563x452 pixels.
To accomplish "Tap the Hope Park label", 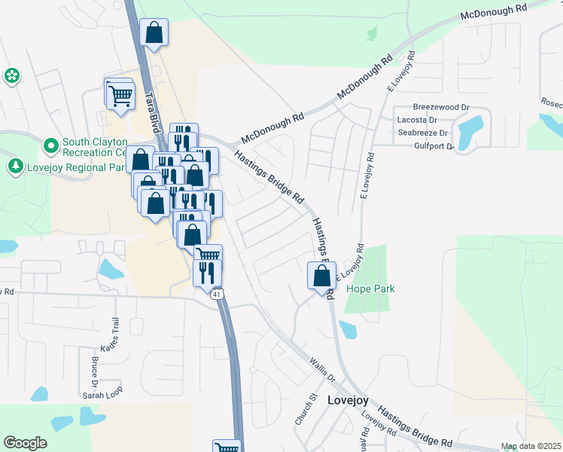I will pos(370,289).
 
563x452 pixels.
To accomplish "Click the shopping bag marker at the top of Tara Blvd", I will pos(154,33).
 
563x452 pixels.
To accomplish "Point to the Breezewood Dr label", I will pos(441,108).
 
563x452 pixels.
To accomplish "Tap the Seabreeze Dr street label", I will pos(422,133).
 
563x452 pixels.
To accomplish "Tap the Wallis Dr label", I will pos(321,365).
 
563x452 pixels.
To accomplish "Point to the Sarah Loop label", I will pos(102,395).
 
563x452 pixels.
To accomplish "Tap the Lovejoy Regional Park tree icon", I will pos(14,166).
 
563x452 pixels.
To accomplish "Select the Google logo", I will pos(25,443).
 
